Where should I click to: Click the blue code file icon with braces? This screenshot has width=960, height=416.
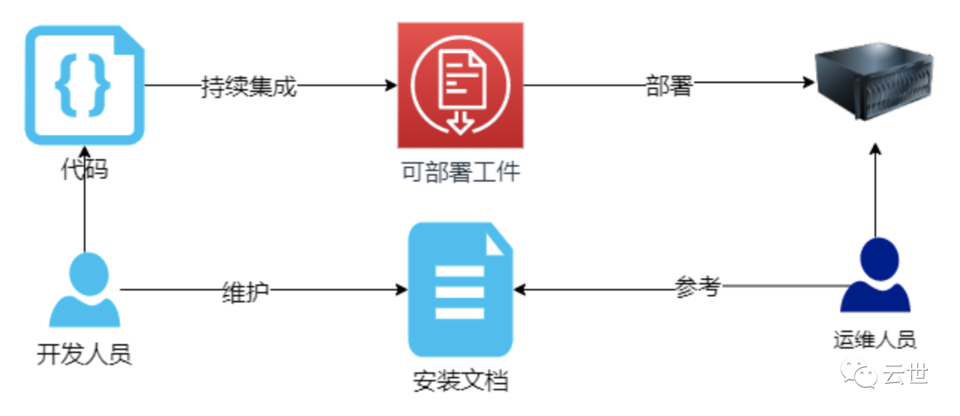(x=84, y=85)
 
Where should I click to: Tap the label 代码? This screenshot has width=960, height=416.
(x=84, y=168)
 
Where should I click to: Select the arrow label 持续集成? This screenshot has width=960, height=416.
(x=248, y=86)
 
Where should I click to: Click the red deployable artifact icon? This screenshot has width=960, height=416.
(x=460, y=86)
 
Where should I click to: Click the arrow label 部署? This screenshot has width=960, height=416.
(x=668, y=86)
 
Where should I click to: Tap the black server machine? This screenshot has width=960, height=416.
(x=876, y=84)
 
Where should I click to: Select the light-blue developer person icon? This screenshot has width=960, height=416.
(x=84, y=290)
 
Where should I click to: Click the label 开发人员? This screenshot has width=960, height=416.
(x=84, y=355)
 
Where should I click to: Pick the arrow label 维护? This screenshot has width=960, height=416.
(x=245, y=290)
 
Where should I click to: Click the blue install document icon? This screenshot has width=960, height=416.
(x=460, y=290)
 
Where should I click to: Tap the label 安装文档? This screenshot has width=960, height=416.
(x=460, y=381)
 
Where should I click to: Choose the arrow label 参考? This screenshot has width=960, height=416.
(x=697, y=288)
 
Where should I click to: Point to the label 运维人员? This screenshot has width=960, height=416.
(x=875, y=339)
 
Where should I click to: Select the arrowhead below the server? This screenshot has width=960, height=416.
(x=876, y=148)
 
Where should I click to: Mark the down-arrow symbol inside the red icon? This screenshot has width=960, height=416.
(x=460, y=121)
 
